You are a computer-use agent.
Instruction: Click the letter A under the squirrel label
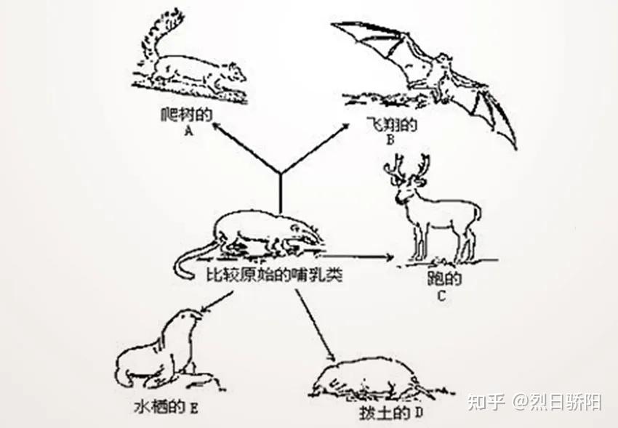point(188,131)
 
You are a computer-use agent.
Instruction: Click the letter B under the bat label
point(390,140)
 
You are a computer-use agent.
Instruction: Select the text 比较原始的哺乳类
point(273,276)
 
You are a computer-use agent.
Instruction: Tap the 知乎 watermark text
point(485,400)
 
